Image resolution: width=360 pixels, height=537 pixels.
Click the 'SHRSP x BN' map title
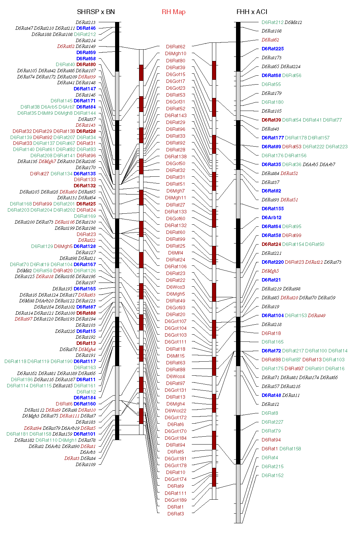point(96,12)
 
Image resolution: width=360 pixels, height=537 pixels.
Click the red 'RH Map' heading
point(174,12)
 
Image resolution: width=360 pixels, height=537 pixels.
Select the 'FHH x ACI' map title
point(252,12)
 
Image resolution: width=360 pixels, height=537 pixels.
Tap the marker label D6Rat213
point(86,23)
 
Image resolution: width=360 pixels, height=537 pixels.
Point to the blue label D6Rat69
point(86,52)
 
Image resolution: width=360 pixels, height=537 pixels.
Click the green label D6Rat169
point(85,216)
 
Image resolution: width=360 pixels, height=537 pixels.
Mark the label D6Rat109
point(86,464)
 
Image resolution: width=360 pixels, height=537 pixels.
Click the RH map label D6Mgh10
point(176,53)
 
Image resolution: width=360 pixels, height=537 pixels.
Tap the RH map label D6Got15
point(176,74)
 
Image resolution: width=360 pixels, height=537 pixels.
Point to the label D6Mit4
point(176,253)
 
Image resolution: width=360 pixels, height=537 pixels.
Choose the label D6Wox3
point(176,287)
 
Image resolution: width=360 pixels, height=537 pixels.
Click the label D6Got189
point(176,500)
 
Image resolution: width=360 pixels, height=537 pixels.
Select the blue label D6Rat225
point(273,49)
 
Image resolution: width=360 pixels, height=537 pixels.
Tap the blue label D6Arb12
point(271,217)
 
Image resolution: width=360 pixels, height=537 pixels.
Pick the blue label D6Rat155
point(273,209)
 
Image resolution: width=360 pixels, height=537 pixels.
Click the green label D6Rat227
point(272,422)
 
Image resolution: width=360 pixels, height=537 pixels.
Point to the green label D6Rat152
point(272,475)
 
